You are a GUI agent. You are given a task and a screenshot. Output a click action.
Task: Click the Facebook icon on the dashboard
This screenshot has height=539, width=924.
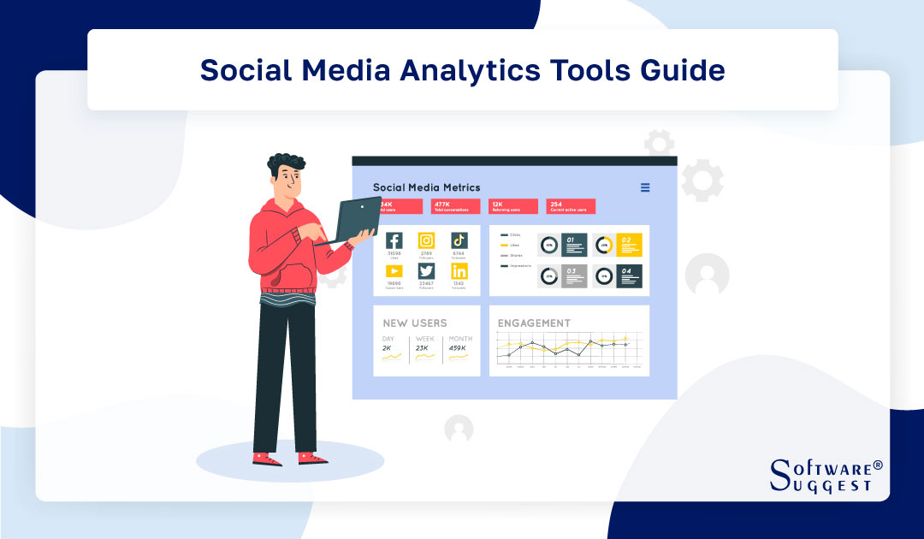point(394,240)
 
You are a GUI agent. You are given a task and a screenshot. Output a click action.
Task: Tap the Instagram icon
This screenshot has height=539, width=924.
point(426,240)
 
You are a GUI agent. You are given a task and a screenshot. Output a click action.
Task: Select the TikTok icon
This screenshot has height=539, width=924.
point(459,240)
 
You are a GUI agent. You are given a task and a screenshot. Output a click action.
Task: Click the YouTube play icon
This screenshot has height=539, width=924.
point(394,271)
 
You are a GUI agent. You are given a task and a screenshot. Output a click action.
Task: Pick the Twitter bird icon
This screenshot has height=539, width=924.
point(426,271)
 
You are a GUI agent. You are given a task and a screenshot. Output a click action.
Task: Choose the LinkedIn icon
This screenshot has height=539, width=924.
point(459,271)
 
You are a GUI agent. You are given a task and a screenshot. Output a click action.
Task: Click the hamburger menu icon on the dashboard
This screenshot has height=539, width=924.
point(645,187)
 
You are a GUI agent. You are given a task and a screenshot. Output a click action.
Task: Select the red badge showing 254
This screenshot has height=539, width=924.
point(571,206)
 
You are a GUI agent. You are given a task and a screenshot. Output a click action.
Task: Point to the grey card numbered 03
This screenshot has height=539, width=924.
point(574,276)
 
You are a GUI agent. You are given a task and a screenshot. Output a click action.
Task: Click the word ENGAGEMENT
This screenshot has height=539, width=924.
point(534,323)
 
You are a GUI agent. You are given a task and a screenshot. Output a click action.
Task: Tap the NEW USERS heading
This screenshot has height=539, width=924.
point(415,323)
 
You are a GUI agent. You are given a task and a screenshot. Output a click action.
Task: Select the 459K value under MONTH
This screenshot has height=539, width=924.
point(458,348)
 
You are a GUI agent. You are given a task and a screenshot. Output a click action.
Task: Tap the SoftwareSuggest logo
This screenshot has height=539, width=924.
point(825,475)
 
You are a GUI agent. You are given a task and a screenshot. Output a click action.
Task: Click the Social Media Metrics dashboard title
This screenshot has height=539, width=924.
point(426,187)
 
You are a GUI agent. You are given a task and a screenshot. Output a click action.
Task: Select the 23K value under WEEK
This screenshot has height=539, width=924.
point(423,348)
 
